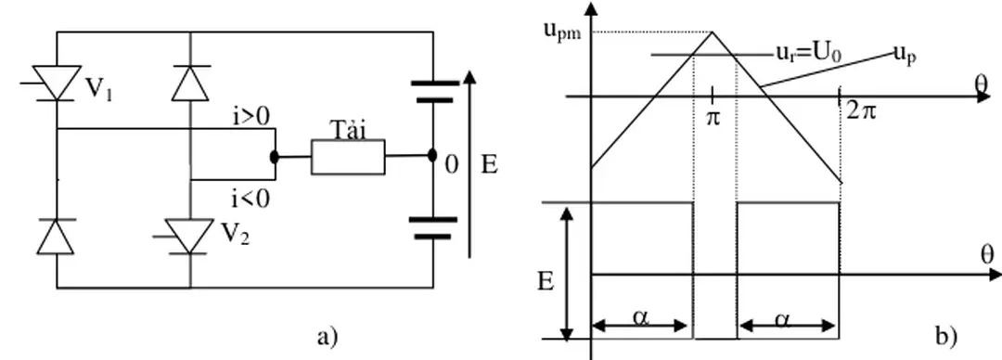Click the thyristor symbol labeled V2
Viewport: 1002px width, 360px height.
point(189,236)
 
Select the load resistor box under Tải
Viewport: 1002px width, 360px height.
point(347,159)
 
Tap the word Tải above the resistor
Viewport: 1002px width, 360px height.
point(348,132)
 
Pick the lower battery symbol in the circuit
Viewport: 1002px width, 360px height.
point(433,227)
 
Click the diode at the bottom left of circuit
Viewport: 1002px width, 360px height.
point(57,236)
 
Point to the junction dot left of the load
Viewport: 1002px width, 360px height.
point(275,158)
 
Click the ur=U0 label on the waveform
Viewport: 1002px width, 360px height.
point(809,54)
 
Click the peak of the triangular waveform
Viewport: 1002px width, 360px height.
point(713,33)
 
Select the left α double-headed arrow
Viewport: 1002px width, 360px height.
point(641,325)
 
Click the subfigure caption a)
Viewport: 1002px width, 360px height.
point(326,335)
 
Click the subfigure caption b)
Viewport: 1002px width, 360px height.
point(947,335)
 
